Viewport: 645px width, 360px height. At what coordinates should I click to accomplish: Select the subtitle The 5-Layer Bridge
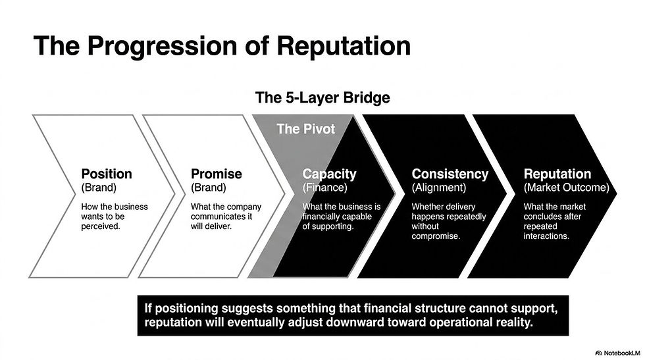(322, 98)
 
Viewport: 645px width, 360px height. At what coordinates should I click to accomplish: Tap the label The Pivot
(305, 128)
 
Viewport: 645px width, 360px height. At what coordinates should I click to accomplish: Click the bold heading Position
(107, 174)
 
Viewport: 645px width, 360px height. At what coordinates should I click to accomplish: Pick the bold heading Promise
(217, 174)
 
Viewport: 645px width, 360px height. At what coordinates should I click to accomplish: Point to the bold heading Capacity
(329, 174)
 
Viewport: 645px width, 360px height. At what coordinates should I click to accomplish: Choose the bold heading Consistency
(450, 174)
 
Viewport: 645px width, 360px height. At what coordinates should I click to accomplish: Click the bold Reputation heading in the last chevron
(557, 174)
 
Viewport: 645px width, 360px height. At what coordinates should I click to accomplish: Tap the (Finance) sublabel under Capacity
(325, 188)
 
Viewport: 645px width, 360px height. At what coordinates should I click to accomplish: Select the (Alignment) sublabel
(439, 188)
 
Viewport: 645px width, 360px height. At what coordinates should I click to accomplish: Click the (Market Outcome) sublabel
(566, 188)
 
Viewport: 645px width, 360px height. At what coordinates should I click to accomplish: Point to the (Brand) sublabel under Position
(99, 188)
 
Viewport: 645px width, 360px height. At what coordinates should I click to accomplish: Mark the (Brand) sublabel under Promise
(209, 188)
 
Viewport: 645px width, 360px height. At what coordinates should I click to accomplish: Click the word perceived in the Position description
(101, 226)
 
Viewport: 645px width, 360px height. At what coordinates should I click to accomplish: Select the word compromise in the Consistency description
(435, 236)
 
